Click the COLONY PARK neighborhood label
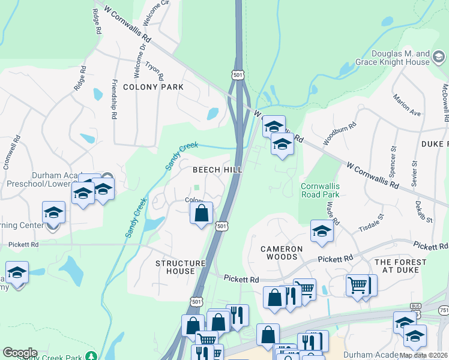[x=153, y=87]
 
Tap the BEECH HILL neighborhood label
[x=217, y=170]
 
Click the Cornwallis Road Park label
[x=320, y=190]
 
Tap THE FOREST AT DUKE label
[x=400, y=266]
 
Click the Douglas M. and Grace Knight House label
[x=400, y=58]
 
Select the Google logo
[x=20, y=353]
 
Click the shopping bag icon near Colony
[x=202, y=212]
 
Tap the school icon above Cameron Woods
[x=322, y=232]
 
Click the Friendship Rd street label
[x=114, y=100]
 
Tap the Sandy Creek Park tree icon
[x=91, y=356]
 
